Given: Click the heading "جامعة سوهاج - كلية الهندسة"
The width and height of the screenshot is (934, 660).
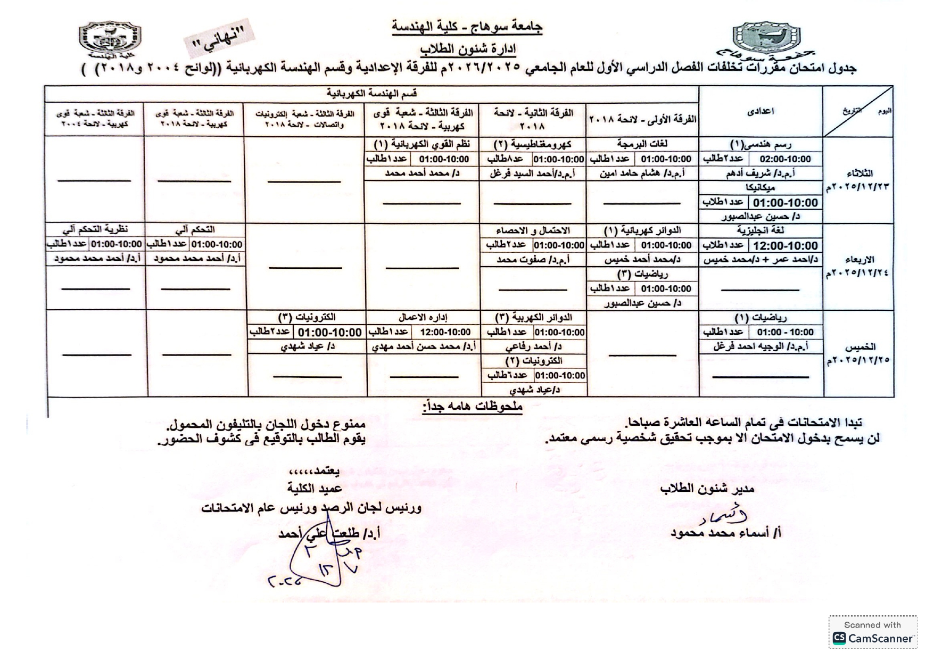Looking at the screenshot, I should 467,27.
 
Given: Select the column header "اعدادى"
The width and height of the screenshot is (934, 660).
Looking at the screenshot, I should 761,111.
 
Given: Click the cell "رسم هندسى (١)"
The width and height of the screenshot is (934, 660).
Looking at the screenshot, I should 761,144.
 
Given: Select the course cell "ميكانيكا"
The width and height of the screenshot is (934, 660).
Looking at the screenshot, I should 761,188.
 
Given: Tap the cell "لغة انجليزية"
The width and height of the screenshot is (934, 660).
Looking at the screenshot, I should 761,230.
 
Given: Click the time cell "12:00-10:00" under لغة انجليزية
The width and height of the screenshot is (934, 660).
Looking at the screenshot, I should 785,245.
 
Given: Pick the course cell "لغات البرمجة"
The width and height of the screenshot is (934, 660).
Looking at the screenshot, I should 642,144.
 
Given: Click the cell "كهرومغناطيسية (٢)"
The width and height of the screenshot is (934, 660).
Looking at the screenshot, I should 532,144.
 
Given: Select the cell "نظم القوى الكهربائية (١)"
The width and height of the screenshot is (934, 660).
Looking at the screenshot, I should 421,144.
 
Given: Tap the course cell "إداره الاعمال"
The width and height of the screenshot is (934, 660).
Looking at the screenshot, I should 423,317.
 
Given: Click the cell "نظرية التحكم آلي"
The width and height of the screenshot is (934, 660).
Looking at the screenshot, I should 95,230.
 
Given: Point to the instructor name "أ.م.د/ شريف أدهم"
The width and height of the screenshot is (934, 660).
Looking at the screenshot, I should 761,174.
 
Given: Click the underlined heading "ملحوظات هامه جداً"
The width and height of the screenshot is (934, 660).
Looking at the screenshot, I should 473,407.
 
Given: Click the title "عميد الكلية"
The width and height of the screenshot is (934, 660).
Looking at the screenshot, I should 315,489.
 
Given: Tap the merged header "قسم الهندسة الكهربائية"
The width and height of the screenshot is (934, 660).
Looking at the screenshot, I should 371,93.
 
